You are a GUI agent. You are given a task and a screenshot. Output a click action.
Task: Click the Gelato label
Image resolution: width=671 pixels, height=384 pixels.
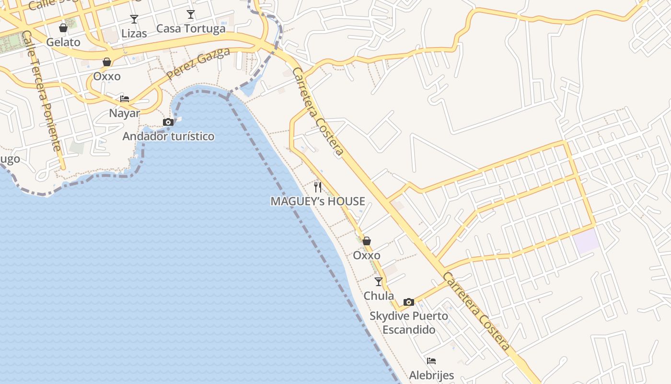[63, 42]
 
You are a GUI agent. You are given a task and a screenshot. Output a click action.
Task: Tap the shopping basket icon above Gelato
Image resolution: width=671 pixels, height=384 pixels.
[63, 28]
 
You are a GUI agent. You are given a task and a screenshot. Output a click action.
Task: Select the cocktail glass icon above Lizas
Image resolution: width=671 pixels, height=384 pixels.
[134, 19]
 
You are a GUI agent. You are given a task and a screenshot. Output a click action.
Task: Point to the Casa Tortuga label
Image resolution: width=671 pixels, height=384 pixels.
[191, 29]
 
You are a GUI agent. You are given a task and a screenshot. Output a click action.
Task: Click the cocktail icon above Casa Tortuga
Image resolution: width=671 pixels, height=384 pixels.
[191, 14]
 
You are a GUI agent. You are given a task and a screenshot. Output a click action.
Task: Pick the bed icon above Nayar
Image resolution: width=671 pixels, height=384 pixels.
[125, 99]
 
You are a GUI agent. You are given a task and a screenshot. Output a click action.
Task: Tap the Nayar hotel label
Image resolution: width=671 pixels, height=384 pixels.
[125, 113]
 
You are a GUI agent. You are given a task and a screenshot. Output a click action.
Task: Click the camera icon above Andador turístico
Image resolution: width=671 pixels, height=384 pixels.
[168, 122]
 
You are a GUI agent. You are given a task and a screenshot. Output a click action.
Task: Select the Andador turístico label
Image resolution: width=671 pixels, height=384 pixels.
[168, 136]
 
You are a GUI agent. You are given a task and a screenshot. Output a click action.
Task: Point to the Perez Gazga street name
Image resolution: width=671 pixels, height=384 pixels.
[198, 64]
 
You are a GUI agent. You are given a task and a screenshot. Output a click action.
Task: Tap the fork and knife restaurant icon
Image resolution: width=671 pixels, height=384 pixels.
[318, 187]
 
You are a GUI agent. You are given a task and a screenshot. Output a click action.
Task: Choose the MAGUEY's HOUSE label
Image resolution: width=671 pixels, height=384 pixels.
[318, 202]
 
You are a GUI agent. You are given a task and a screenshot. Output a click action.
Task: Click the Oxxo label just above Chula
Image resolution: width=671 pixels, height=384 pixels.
[367, 255]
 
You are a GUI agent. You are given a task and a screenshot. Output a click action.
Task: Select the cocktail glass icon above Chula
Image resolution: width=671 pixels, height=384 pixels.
[379, 282]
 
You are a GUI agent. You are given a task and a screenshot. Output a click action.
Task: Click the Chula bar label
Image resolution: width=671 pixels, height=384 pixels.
[379, 296]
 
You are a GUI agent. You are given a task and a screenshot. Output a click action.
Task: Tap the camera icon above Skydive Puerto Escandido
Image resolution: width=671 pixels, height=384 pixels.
[409, 302]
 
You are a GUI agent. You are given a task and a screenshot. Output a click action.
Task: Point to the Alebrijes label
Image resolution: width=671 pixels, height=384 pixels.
[431, 375]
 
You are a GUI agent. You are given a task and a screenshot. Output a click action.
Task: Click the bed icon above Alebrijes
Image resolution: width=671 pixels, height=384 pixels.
[431, 361]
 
